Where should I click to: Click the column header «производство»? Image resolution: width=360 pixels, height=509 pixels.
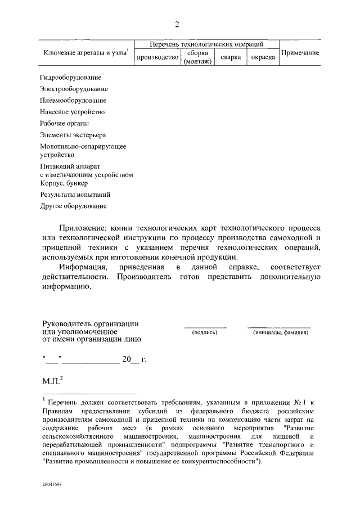pyautogui.click(x=157, y=57)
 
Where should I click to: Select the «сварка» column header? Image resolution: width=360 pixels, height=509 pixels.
pyautogui.click(x=231, y=57)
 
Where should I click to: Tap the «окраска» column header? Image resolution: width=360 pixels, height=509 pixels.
pyautogui.click(x=262, y=57)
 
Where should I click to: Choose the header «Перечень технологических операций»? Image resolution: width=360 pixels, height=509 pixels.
pyautogui.click(x=206, y=44)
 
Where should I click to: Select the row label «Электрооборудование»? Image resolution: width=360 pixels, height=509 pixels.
pyautogui.click(x=74, y=89)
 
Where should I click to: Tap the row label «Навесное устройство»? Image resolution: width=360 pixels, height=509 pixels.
pyautogui.click(x=72, y=112)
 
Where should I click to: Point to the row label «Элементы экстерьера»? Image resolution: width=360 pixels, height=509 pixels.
pyautogui.click(x=73, y=135)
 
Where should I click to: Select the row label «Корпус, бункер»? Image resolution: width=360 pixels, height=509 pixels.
pyautogui.click(x=65, y=183)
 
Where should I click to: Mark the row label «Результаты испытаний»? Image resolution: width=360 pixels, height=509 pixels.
pyautogui.click(x=75, y=195)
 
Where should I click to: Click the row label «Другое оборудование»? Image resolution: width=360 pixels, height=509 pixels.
pyautogui.click(x=73, y=206)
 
